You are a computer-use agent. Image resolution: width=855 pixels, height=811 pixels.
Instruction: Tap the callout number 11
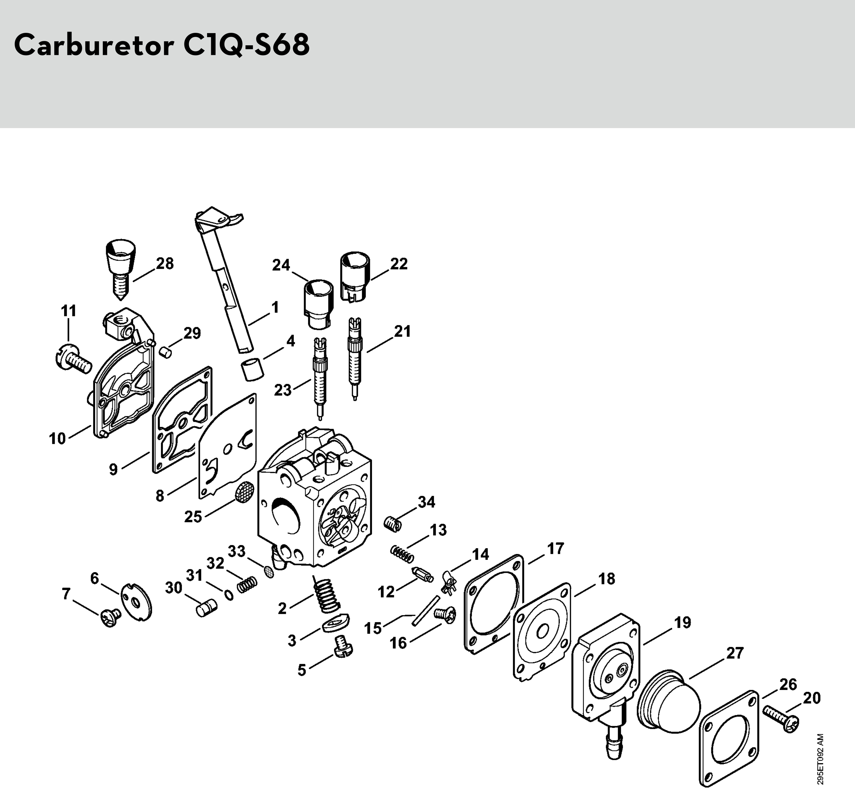coord(68,311)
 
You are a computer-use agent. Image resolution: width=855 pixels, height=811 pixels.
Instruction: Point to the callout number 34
coord(426,502)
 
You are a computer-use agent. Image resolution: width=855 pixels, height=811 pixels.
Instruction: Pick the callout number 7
coord(66,594)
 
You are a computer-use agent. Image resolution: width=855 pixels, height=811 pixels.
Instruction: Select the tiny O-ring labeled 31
coord(229,595)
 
